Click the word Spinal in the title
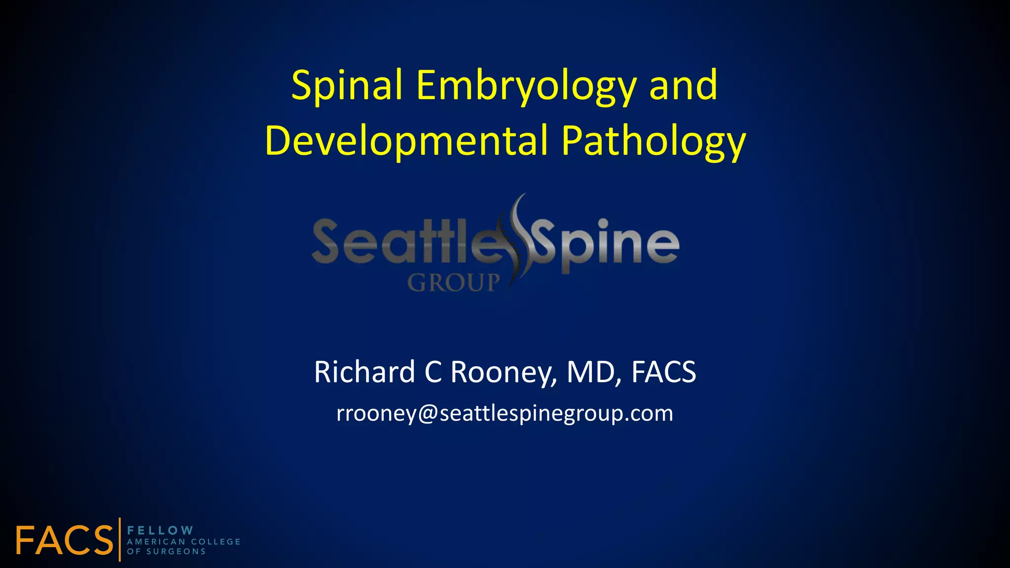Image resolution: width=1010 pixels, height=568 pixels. (x=347, y=86)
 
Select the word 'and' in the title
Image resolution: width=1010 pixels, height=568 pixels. (x=684, y=86)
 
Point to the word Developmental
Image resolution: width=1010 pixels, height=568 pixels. (x=406, y=141)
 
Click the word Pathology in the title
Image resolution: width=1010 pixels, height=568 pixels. (x=653, y=142)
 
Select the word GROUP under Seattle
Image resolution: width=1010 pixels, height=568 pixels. (x=453, y=283)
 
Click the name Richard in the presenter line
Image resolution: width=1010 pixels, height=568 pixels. (x=365, y=372)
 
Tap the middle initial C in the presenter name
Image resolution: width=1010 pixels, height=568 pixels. (x=433, y=372)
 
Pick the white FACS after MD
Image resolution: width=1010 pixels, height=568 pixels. (x=664, y=372)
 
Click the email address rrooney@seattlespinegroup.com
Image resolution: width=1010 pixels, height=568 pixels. (x=505, y=414)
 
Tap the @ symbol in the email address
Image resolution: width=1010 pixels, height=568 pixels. (x=428, y=414)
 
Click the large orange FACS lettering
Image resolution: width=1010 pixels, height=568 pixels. (x=64, y=540)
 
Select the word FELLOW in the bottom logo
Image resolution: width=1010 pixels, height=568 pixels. (x=160, y=531)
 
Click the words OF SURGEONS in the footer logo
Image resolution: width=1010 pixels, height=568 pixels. (x=166, y=552)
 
